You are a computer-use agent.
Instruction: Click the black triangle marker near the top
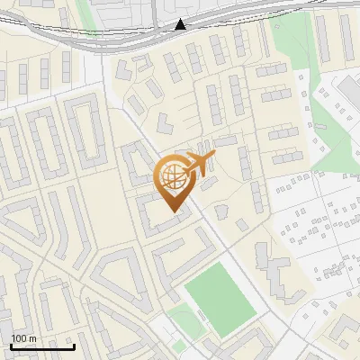181,24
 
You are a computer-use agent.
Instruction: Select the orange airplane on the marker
200,165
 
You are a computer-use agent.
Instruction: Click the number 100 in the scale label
20,338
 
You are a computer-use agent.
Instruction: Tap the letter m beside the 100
34,338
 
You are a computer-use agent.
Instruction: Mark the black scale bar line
42,346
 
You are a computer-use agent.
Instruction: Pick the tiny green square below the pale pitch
179,346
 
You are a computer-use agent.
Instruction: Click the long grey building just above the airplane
224,141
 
